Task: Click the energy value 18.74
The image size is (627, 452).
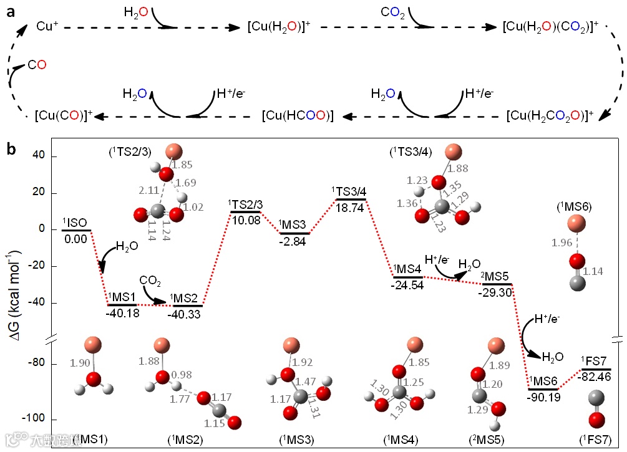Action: pyautogui.click(x=350, y=208)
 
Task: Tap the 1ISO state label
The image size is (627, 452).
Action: pyautogui.click(x=74, y=223)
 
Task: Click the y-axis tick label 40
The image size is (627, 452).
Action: pyautogui.click(x=39, y=156)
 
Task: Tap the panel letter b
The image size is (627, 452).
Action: pyautogui.click(x=11, y=149)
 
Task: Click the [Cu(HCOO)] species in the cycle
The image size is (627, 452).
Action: pyautogui.click(x=298, y=116)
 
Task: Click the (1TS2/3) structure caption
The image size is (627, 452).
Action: pyautogui.click(x=130, y=150)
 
